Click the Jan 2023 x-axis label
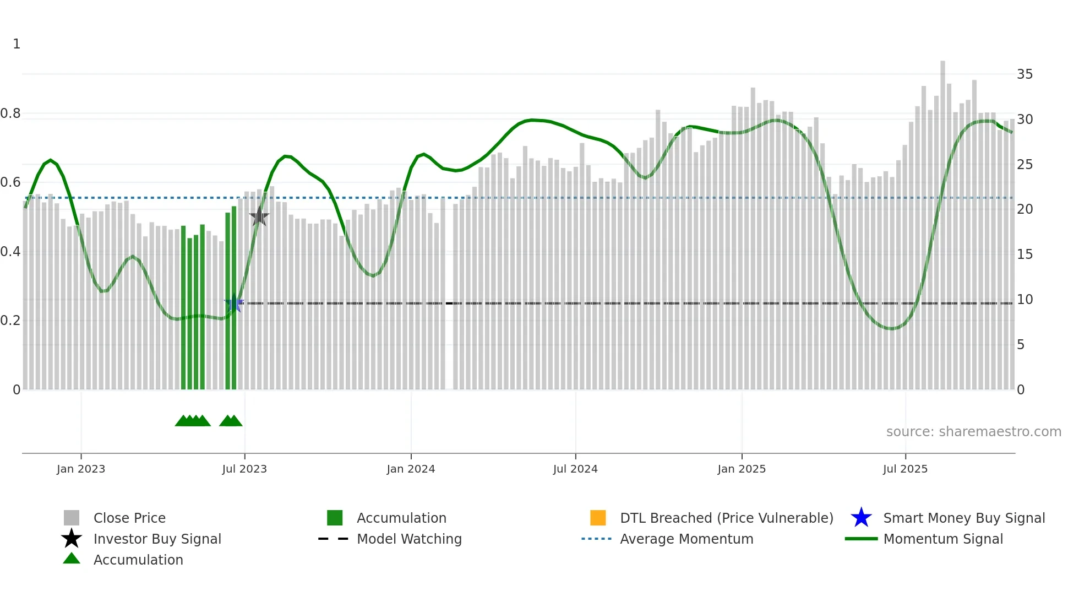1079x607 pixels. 80,469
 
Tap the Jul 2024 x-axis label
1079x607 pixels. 575,469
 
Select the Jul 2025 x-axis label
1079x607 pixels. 904,469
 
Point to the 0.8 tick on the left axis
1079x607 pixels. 10,113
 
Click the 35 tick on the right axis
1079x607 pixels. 1024,74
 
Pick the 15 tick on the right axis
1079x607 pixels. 1024,254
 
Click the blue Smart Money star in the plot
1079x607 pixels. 234,303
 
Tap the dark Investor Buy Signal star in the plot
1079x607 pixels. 259,216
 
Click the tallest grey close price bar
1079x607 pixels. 942,220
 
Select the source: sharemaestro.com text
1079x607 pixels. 973,432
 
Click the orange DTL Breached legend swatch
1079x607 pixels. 598,518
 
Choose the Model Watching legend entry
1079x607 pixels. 408,539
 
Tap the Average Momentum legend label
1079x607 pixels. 686,539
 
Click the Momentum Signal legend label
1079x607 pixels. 942,539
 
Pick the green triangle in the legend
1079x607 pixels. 72,559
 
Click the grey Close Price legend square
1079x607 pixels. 72,518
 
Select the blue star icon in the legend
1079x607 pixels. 861,518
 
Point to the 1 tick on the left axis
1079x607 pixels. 17,44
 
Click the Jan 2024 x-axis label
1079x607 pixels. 411,469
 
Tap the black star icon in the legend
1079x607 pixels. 72,539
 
